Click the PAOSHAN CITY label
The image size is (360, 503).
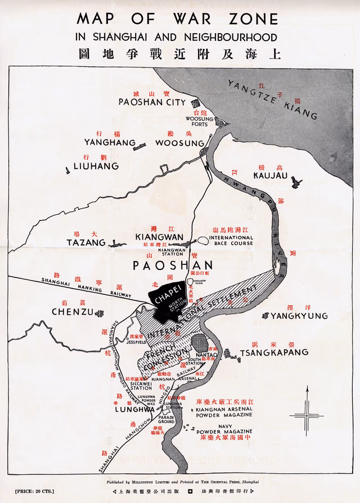coord(151,102)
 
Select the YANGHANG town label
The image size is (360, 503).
coord(110,143)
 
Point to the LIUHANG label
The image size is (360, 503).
coord(96,166)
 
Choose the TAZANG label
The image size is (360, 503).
coord(86,242)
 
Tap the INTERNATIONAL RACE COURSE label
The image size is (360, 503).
coord(231,241)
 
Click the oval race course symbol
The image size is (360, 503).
coord(202,241)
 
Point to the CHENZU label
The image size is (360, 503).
coord(71,312)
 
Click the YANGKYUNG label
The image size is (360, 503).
coord(299,316)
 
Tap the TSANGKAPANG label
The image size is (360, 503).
coord(274,352)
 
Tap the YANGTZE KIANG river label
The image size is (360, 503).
coord(272,100)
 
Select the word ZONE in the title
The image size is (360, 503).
coord(251,19)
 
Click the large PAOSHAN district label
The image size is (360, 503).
coord(173,266)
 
